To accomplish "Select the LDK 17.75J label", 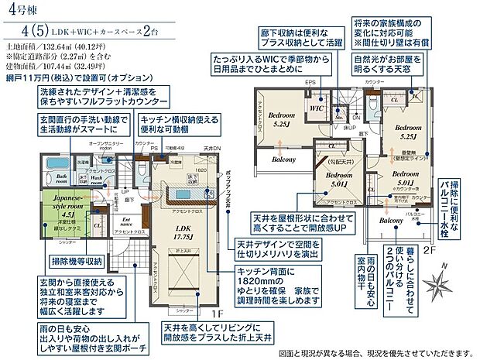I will (x=183, y=229).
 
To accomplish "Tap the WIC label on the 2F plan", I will (x=316, y=109).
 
